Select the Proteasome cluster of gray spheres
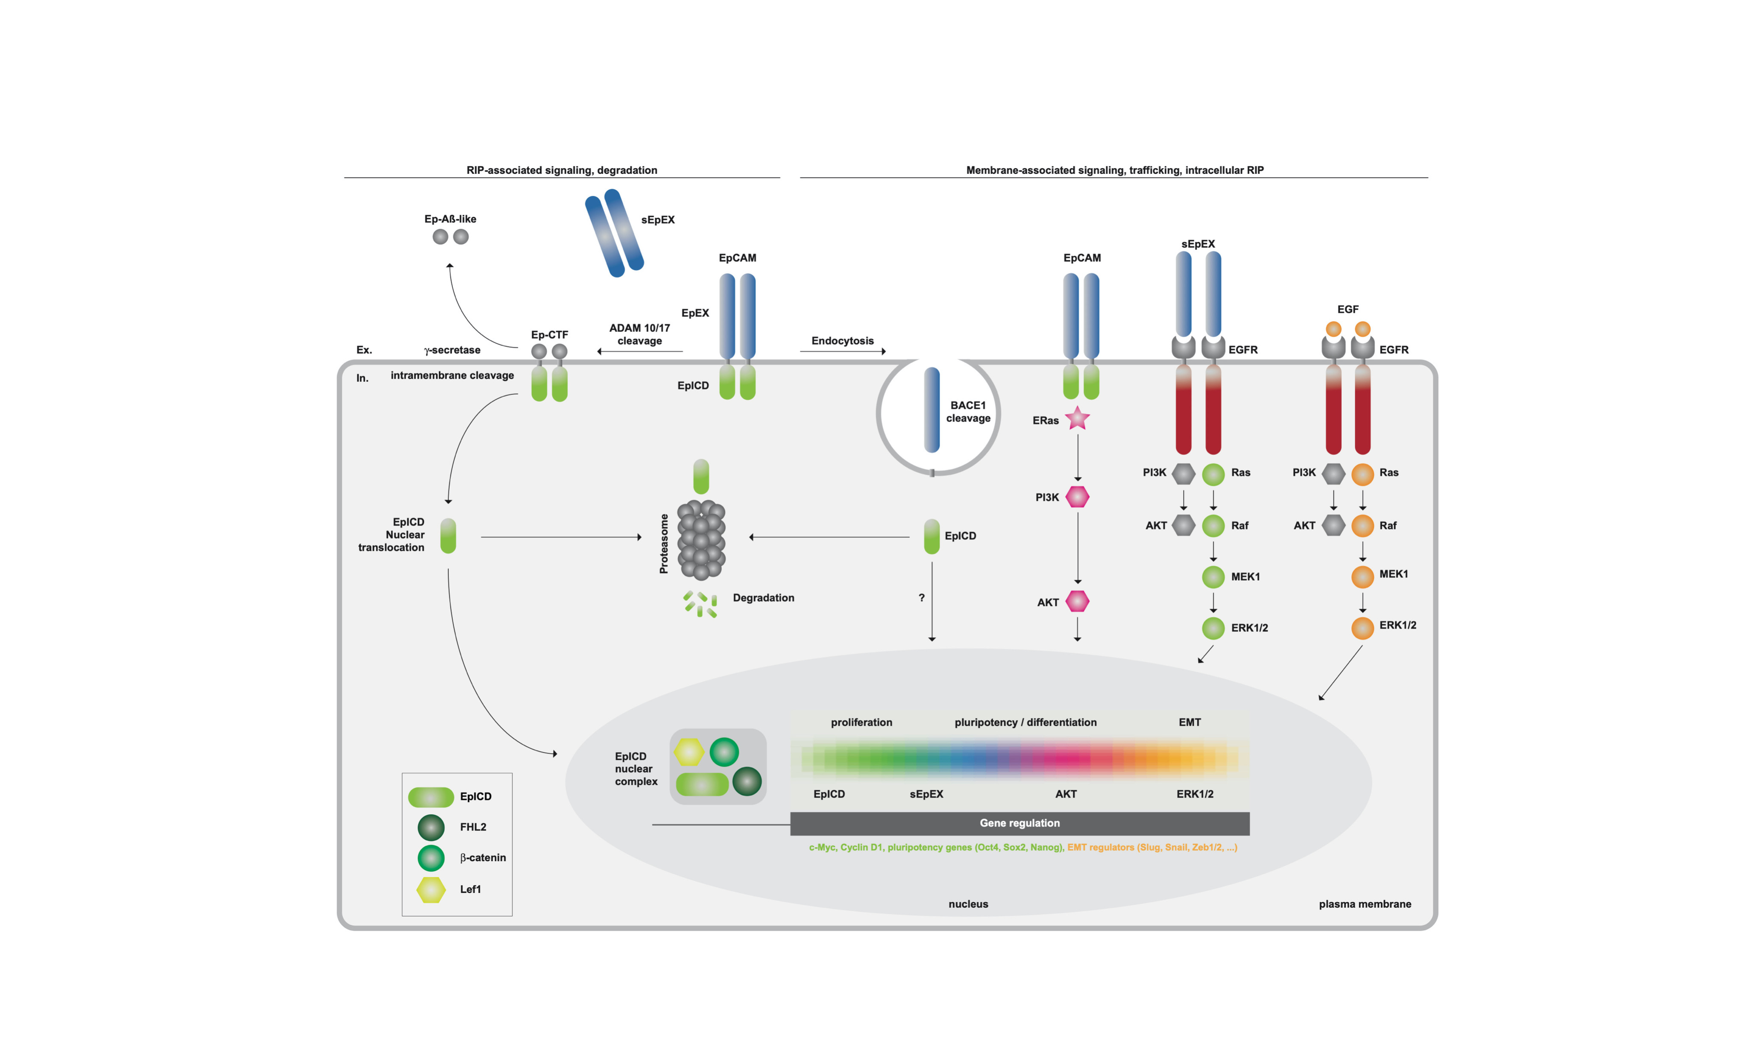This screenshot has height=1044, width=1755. pos(701,540)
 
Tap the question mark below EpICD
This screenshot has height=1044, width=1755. pos(921,597)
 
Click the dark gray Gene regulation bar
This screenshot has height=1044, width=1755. pos(1019,823)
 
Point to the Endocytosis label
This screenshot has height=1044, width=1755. pos(842,340)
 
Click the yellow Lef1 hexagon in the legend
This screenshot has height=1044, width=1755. pos(431,889)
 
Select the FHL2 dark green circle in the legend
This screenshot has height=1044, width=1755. pos(431,828)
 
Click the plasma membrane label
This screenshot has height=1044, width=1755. pos(1365,904)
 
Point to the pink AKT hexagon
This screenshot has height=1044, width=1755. pos(1077,602)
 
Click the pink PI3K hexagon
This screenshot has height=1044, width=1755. pos(1077,497)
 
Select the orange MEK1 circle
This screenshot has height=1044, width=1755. pos(1362,576)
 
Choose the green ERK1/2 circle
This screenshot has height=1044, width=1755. pos(1213,628)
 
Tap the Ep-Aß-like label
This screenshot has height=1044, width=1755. pos(450,219)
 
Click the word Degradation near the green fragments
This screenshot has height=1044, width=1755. pos(764,598)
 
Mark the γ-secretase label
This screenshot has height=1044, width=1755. pos(452,350)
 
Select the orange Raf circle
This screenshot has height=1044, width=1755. pos(1362,526)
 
